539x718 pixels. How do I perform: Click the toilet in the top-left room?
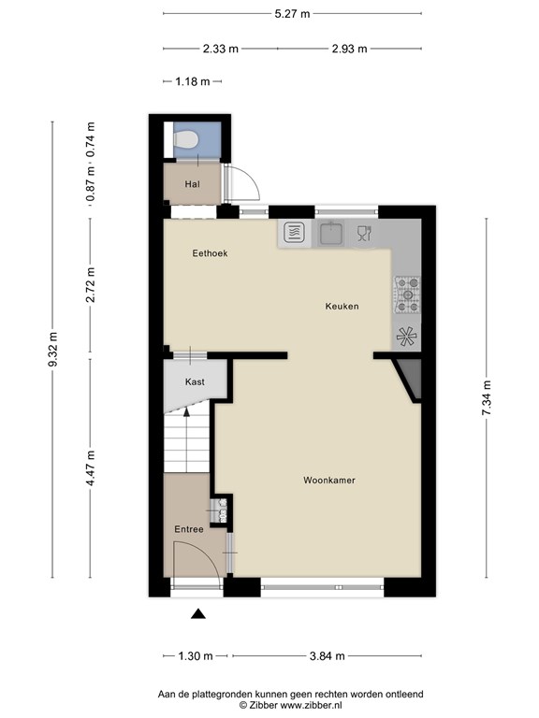point(186,141)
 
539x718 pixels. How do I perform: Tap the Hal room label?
point(192,184)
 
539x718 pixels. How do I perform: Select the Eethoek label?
point(210,253)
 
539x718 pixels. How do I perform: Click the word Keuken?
point(342,307)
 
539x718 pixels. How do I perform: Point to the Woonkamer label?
point(328,481)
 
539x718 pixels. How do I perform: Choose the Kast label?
point(195,382)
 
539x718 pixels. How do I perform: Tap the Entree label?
point(189,530)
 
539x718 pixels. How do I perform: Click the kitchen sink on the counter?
point(331,232)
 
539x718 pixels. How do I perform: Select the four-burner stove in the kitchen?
point(407,293)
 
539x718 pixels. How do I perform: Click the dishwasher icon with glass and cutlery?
point(364,233)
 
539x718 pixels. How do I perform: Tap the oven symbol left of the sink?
point(293,232)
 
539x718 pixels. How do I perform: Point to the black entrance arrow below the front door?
point(198,614)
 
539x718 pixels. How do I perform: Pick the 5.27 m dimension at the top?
point(292,14)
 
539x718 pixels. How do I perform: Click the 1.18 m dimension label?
point(192,82)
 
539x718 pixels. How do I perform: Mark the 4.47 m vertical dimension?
point(90,467)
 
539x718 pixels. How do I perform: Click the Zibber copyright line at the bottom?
point(290,706)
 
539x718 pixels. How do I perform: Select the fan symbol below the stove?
point(407,337)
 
